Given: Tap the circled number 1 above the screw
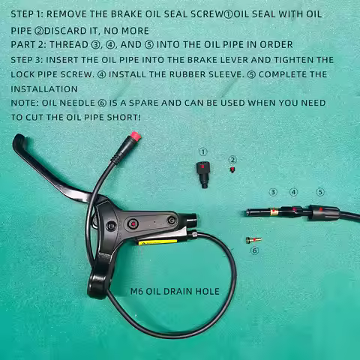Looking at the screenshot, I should click(x=202, y=151).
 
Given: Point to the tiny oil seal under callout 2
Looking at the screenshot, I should click(x=232, y=169).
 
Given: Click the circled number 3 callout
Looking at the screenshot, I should click(x=273, y=192).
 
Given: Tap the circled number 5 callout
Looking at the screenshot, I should click(x=320, y=192).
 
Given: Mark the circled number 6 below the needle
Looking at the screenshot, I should click(x=254, y=250).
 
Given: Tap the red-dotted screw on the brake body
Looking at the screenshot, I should click(x=133, y=224).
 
